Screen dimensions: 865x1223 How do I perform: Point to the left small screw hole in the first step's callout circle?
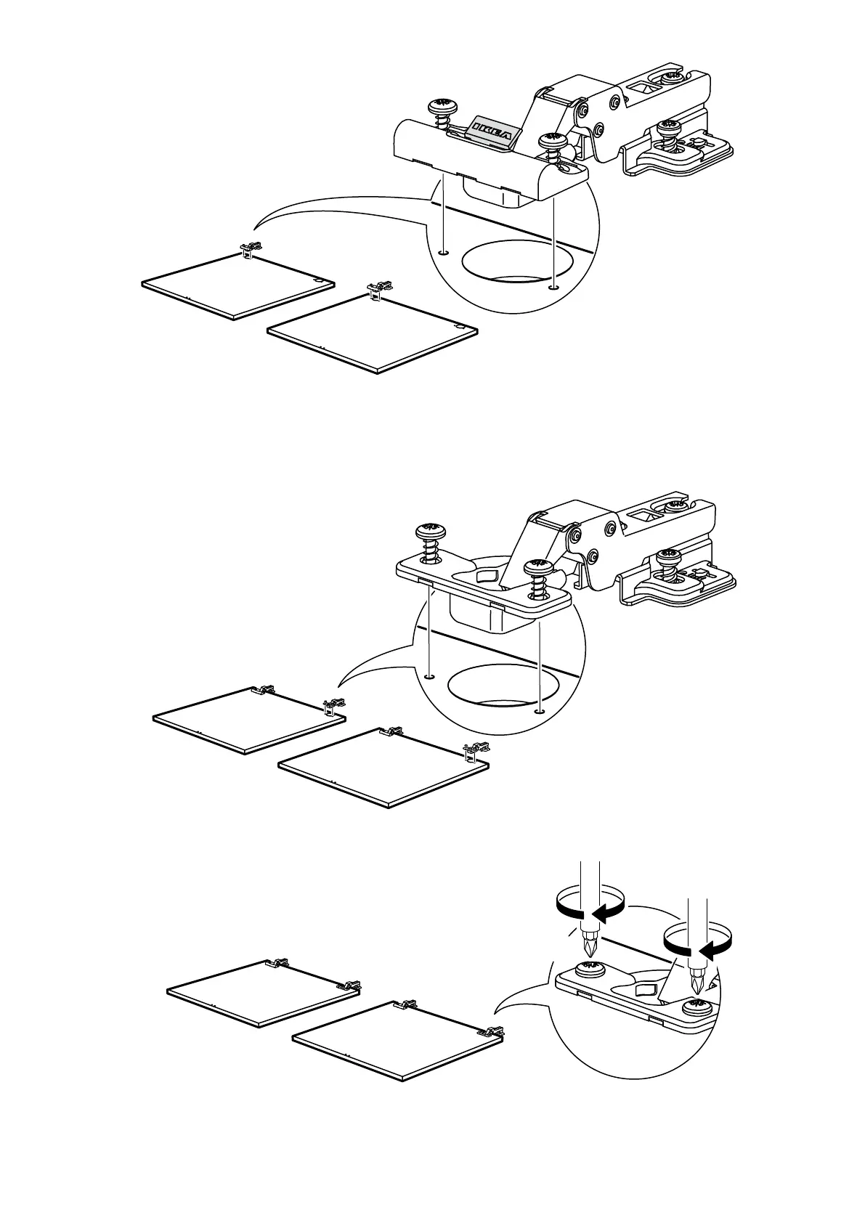point(443,253)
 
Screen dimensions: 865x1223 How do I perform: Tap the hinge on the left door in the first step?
point(249,249)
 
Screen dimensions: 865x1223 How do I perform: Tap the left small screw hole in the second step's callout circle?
point(429,675)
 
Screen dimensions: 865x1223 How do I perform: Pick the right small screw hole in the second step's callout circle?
point(539,711)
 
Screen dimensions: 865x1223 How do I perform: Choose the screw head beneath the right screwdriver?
point(698,1007)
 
